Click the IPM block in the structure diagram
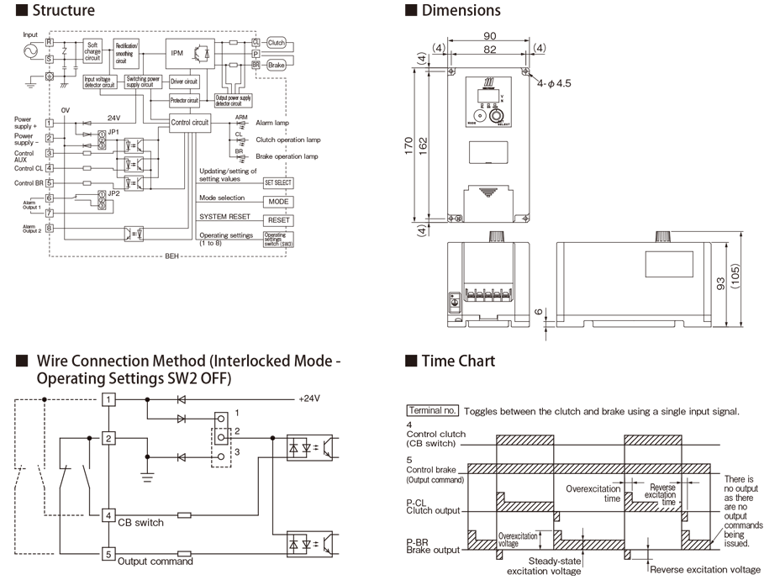click(177, 52)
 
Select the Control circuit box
click(189, 122)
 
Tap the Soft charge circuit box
click(92, 51)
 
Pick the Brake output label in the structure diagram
click(277, 65)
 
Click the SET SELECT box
click(278, 182)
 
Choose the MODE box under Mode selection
click(278, 202)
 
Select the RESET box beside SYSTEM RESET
click(278, 220)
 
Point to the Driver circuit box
click(183, 82)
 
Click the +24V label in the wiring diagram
click(310, 398)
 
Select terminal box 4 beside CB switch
click(108, 514)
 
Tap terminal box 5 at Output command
click(108, 553)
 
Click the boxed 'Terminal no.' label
click(432, 411)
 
